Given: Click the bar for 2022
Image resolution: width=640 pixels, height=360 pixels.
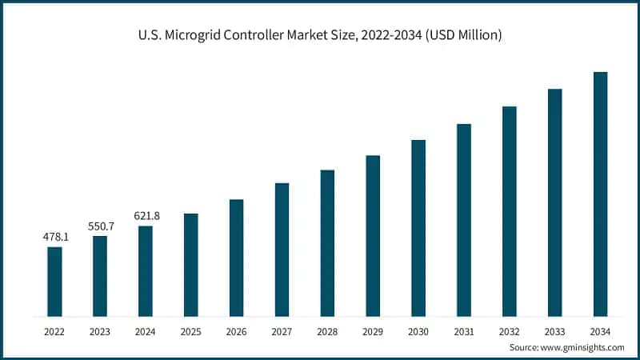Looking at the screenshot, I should coord(54,282).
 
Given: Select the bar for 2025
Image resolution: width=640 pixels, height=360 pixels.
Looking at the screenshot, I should coord(190,265).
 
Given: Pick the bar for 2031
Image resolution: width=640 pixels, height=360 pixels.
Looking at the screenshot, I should coord(463,220).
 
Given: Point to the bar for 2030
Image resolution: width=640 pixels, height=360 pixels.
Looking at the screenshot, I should coord(418,228).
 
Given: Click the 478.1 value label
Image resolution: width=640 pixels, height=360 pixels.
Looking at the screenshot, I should coord(54,237).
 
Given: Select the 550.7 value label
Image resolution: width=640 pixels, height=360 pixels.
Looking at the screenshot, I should coord(100,226).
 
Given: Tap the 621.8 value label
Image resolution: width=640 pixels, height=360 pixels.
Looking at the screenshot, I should coord(146,216).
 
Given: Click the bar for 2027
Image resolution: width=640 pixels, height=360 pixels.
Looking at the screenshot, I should coord(282,250).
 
